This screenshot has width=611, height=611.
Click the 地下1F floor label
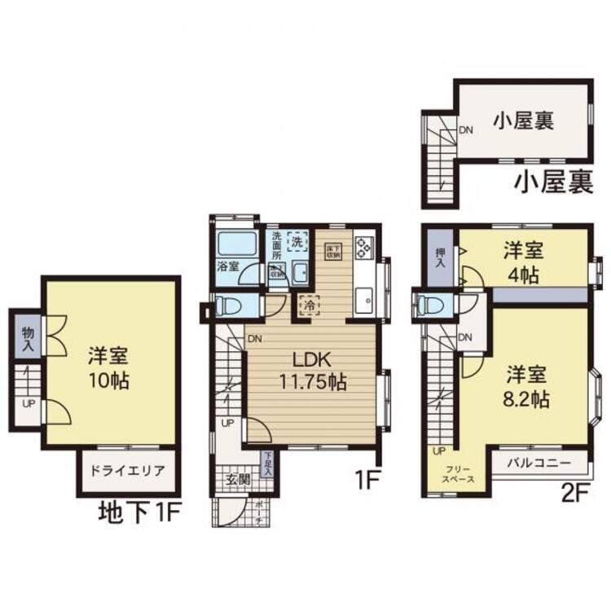(x=138, y=513)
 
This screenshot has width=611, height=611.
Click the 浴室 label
(x=227, y=266)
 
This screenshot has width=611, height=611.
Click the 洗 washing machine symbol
(x=299, y=241)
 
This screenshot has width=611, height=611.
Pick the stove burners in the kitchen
(x=363, y=246)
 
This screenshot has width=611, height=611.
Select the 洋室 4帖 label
(x=521, y=262)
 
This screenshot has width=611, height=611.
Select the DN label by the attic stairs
(x=467, y=129)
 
